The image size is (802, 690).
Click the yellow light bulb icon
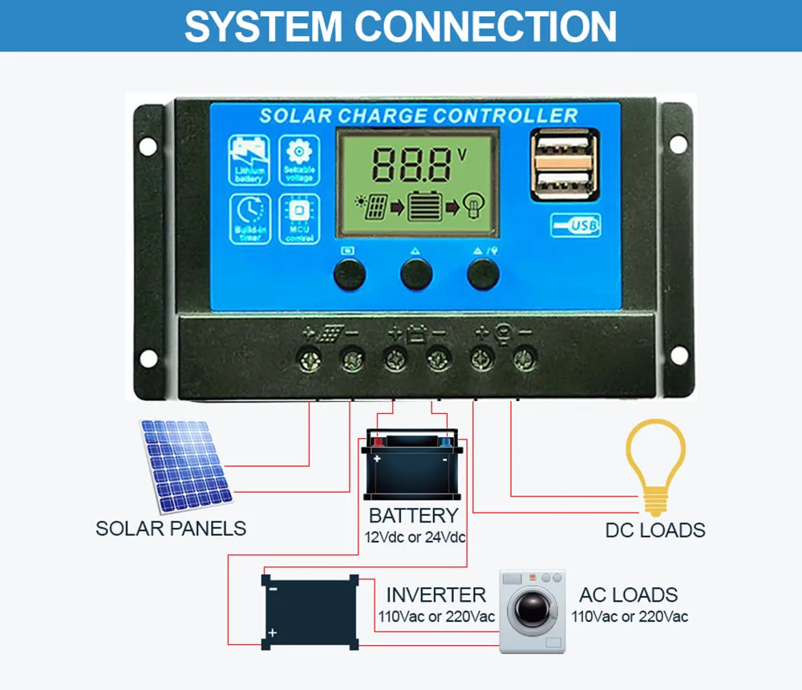[x=655, y=465]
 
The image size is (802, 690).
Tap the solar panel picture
[x=184, y=465]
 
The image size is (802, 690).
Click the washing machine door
[x=533, y=612]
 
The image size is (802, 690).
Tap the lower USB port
[x=564, y=185]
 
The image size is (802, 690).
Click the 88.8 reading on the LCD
[x=411, y=165]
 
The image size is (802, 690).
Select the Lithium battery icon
[x=249, y=160]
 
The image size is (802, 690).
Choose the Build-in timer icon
[x=249, y=218]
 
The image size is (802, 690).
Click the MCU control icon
[x=299, y=218]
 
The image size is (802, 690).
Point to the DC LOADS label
[x=655, y=530]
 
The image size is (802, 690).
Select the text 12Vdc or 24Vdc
[x=413, y=537]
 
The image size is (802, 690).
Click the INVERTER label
[x=435, y=595]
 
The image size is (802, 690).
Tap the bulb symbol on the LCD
[x=473, y=206]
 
